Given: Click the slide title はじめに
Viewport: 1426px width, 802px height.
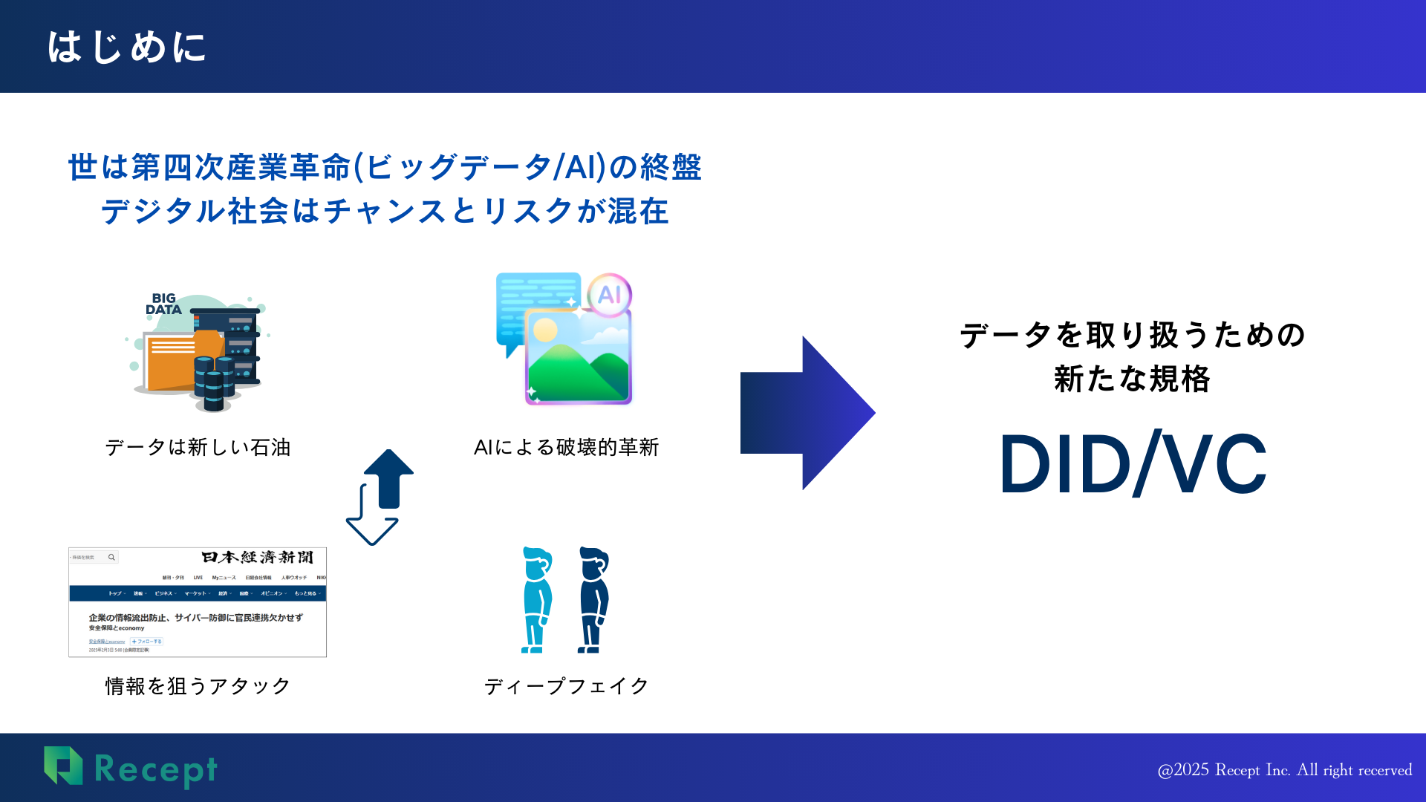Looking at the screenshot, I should click(x=126, y=47).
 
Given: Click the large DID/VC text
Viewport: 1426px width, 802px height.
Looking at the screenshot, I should click(x=1133, y=464).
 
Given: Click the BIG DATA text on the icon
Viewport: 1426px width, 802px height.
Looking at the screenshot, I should click(x=163, y=304).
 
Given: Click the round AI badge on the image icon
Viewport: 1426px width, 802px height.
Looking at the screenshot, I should click(x=609, y=295).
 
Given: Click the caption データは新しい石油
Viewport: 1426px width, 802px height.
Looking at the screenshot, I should click(x=198, y=447).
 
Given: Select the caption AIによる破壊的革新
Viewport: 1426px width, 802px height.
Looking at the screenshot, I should click(x=566, y=447).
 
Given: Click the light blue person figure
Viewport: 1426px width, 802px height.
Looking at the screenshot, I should click(x=536, y=600).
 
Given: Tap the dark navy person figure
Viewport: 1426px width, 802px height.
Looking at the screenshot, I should click(x=593, y=600).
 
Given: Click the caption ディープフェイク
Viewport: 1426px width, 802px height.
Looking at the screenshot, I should click(x=566, y=685).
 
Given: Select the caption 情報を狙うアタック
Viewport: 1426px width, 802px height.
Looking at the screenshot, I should click(x=198, y=685).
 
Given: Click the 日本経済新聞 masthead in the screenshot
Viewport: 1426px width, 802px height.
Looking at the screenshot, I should click(x=257, y=557).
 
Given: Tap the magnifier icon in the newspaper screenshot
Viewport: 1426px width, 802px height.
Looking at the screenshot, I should click(x=111, y=557).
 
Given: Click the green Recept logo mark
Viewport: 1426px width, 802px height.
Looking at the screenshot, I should click(x=64, y=766).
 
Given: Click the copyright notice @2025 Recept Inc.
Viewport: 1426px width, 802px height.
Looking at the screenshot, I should click(x=1284, y=770).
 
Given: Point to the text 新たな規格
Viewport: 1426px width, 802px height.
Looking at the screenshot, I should click(x=1132, y=379).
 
